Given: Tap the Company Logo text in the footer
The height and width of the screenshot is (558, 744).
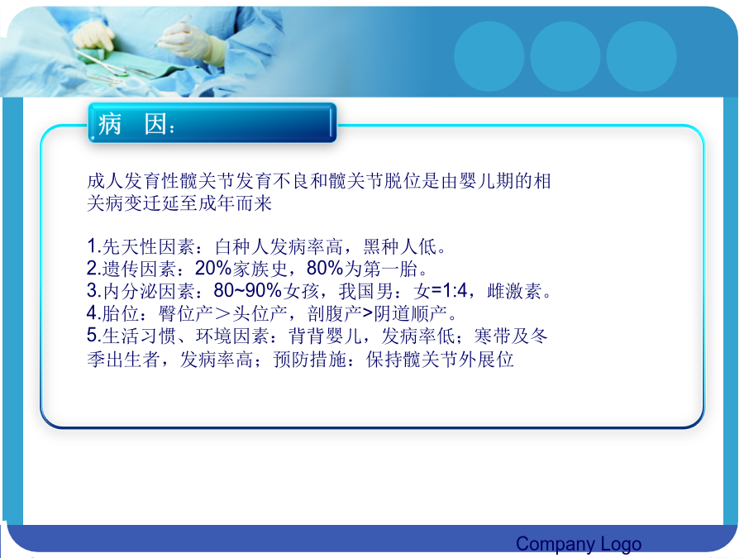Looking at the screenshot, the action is pos(579,544).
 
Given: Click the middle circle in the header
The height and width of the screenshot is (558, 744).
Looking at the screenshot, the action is pos(565,56).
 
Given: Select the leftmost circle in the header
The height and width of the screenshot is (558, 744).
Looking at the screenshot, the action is pos(489,56).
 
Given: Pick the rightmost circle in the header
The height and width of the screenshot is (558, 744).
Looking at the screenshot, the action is pos(641,56).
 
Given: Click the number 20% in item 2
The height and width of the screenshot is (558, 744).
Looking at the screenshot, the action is pos(213,269).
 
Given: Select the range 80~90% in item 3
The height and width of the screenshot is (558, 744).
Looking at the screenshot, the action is pos(248,290).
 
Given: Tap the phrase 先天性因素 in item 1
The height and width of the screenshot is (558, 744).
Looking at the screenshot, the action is pos(148,246).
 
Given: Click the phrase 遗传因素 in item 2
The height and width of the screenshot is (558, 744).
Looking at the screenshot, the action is pos(139,269).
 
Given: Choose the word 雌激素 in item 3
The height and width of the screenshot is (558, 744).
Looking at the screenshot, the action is pos(514,291).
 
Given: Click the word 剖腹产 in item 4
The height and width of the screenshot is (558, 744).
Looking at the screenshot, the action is pos(335,313).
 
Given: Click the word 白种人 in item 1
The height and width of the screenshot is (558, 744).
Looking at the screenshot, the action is pos(242,246).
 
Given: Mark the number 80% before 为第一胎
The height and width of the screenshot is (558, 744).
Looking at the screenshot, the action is pos(325,269).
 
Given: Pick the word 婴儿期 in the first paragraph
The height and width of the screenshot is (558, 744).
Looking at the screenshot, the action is pos(486,181).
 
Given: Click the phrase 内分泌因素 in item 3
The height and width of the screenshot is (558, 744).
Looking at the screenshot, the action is pos(148,291).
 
